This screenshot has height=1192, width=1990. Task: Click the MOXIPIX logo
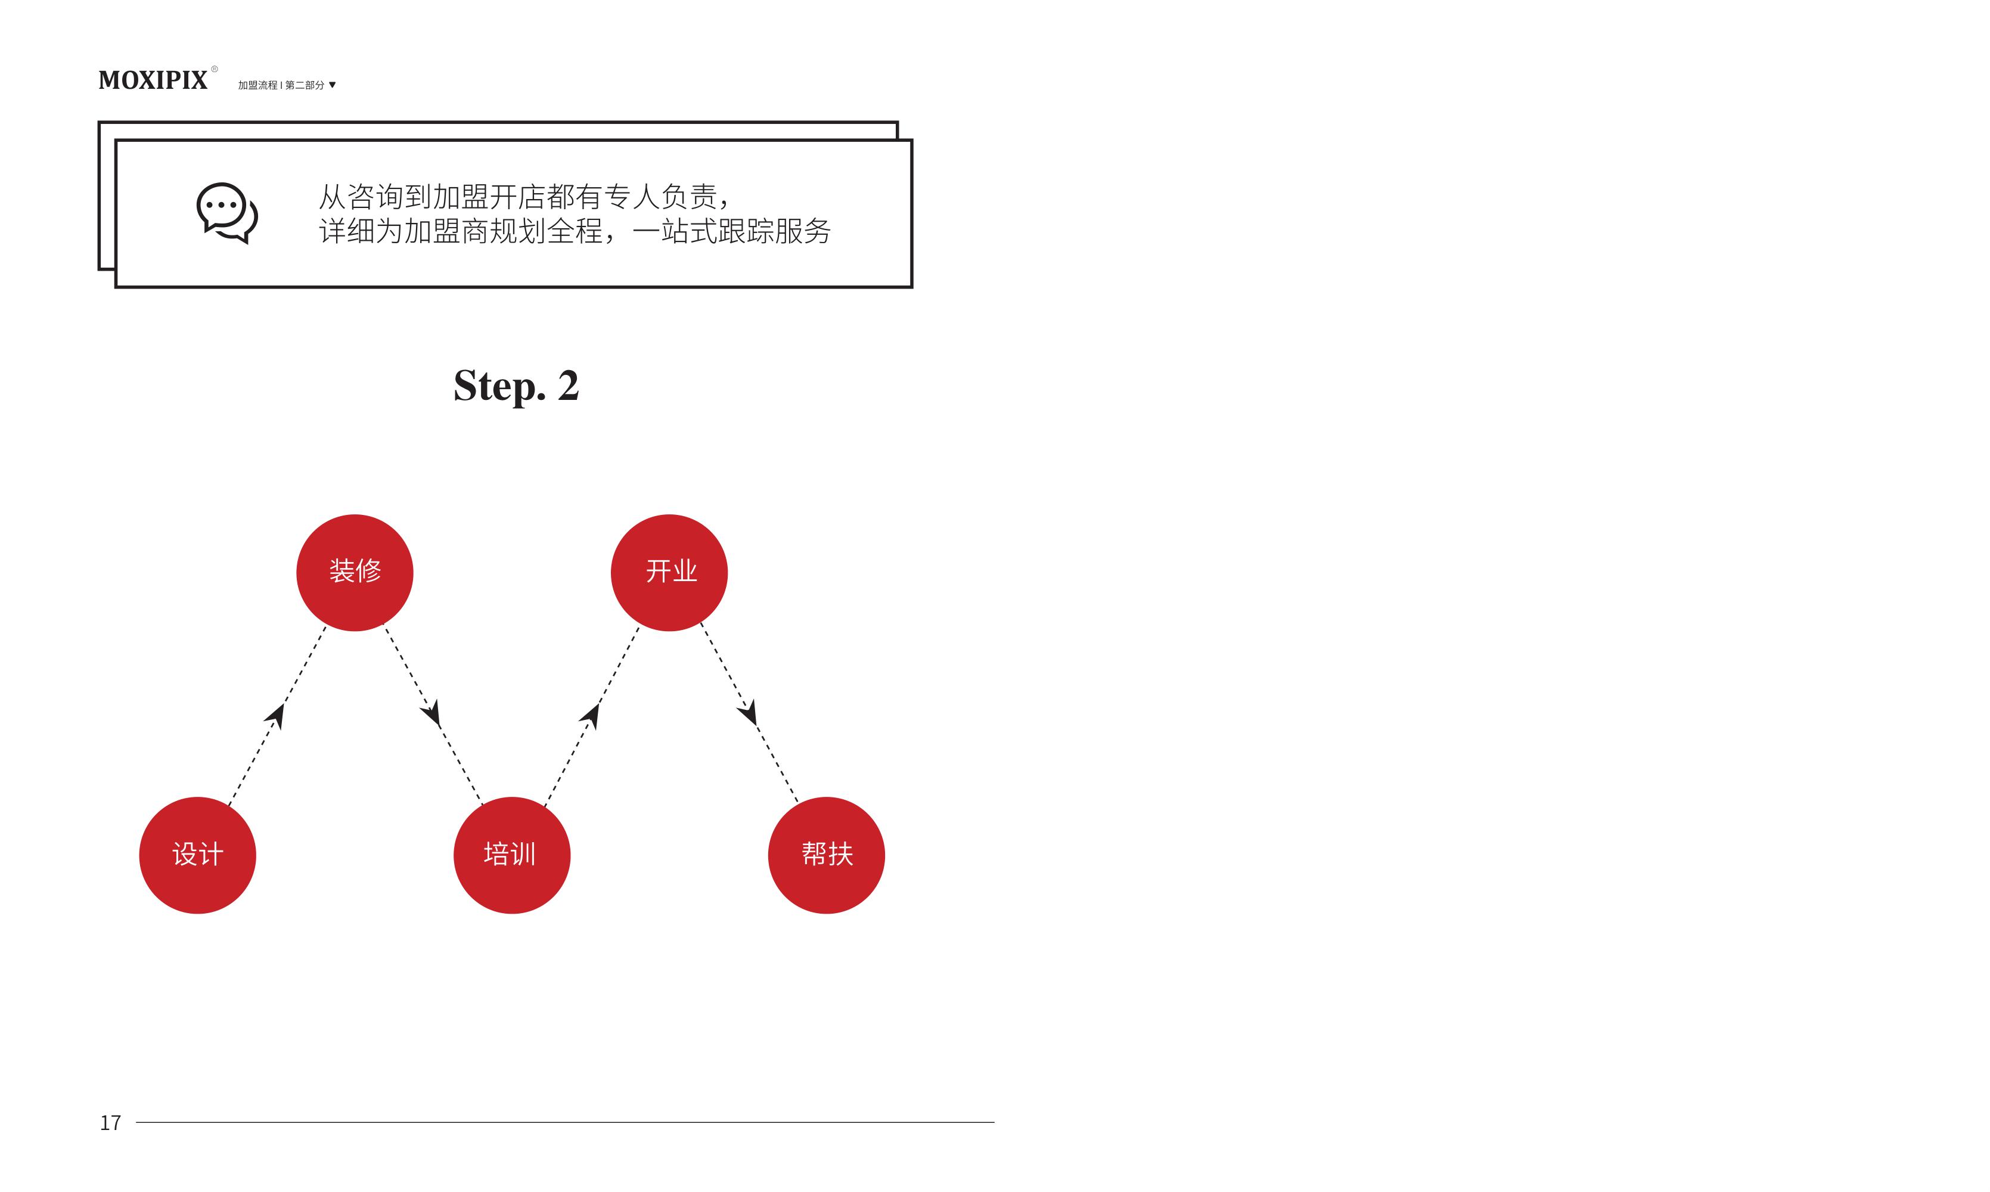click(153, 80)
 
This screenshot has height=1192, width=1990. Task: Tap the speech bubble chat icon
click(227, 213)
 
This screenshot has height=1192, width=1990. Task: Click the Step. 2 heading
click(516, 386)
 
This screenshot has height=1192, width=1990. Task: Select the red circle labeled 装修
click(355, 573)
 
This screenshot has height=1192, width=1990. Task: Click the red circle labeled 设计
click(197, 855)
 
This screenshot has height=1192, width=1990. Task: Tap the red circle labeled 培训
click(513, 855)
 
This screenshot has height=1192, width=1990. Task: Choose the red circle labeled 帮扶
click(827, 855)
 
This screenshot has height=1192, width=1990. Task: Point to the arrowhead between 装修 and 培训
click(431, 712)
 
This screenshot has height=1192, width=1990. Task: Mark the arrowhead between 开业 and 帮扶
click(747, 712)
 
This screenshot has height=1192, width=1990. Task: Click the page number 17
click(110, 1123)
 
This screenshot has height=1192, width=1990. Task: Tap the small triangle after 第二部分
click(333, 85)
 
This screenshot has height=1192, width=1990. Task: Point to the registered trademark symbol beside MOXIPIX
click(215, 69)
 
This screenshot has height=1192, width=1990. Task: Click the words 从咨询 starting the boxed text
click(361, 197)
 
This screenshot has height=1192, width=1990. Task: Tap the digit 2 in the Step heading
click(569, 386)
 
